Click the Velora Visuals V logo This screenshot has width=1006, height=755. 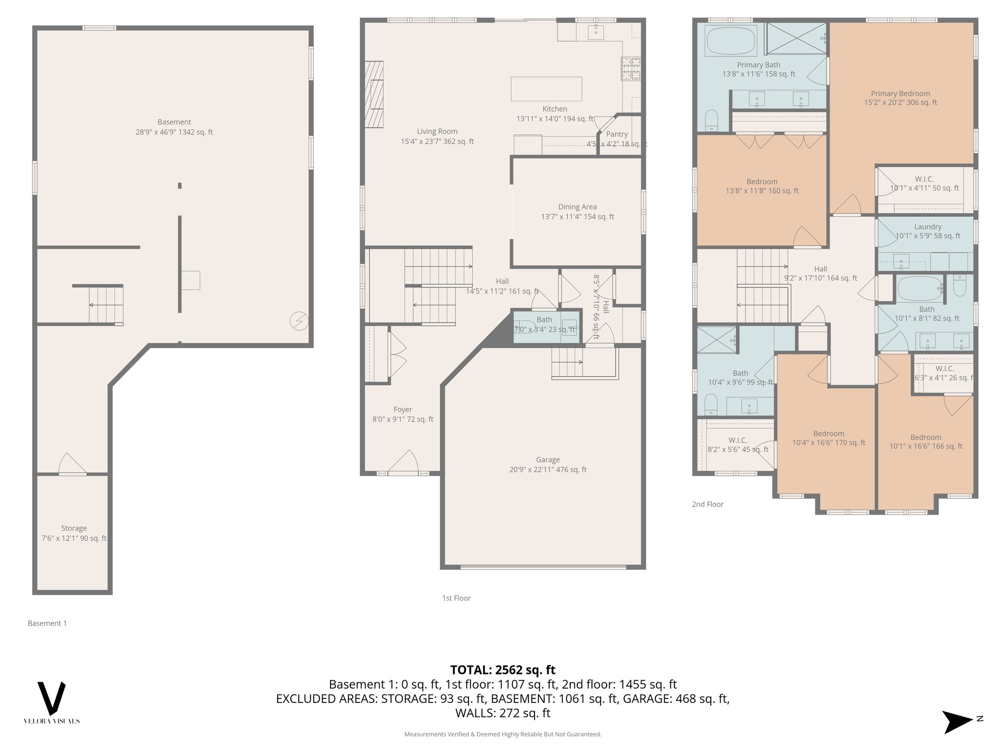click(52, 698)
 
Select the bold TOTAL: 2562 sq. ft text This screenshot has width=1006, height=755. click(503, 670)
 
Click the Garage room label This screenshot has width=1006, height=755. click(548, 460)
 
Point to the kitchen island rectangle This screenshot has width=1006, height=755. click(546, 89)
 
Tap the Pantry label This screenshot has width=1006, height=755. click(617, 134)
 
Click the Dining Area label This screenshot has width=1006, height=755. click(577, 207)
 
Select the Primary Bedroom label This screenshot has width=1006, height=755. click(900, 93)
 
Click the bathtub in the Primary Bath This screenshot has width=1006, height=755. click(731, 41)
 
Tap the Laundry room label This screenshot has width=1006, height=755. click(927, 227)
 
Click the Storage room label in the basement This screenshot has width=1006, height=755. click(74, 528)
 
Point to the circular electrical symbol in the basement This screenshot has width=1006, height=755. click(299, 321)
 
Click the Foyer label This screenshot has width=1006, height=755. click(403, 409)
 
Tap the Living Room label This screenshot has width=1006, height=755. click(437, 131)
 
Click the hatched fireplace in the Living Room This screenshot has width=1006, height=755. click(374, 94)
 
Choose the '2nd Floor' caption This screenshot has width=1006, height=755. click(707, 504)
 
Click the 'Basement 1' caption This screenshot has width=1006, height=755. click(47, 623)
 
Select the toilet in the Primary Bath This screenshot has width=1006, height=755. click(711, 120)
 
